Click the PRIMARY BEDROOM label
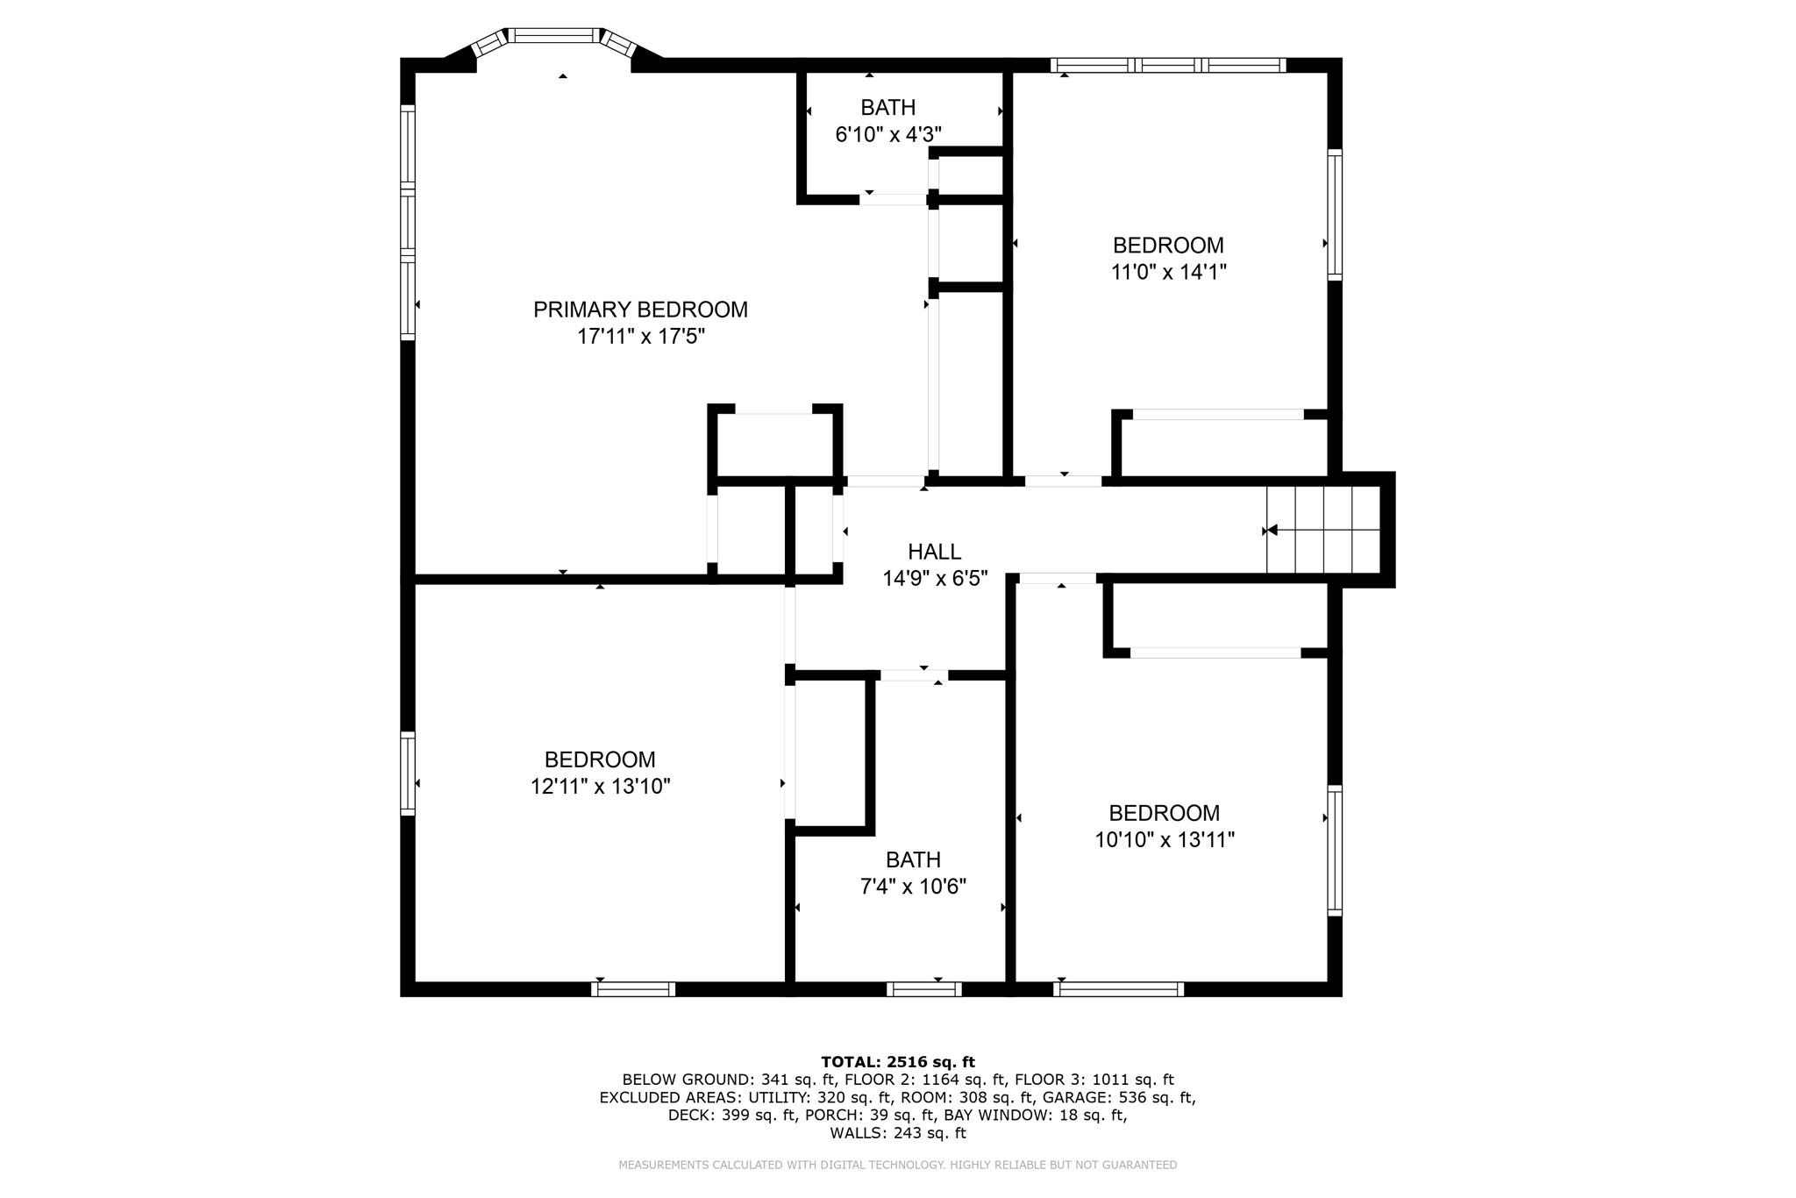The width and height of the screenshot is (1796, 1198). (x=640, y=310)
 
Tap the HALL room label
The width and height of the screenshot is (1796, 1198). (x=934, y=552)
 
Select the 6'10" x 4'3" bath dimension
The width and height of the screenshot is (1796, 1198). (x=888, y=135)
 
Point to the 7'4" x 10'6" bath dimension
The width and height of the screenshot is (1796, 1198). (x=913, y=887)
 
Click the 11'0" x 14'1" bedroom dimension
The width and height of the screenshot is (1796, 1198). (x=1168, y=272)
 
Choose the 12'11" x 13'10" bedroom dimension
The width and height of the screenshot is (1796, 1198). (x=600, y=787)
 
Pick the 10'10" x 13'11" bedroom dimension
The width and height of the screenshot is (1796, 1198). (x=1165, y=840)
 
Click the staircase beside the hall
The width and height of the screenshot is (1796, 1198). (x=1323, y=530)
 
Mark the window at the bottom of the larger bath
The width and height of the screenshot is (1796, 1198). (x=924, y=989)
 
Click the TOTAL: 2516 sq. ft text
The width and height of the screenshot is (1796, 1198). (x=898, y=1062)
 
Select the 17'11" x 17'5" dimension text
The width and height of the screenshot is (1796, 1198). (x=641, y=337)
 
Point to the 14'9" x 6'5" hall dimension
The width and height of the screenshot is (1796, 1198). (x=935, y=579)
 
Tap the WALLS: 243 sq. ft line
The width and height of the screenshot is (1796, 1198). (x=898, y=1133)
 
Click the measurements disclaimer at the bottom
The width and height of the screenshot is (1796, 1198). (x=898, y=1166)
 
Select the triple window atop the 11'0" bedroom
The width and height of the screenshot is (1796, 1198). (x=1168, y=65)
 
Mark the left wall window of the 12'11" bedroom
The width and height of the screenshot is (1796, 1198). (x=408, y=774)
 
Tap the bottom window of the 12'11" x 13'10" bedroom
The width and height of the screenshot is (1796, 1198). (x=633, y=989)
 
